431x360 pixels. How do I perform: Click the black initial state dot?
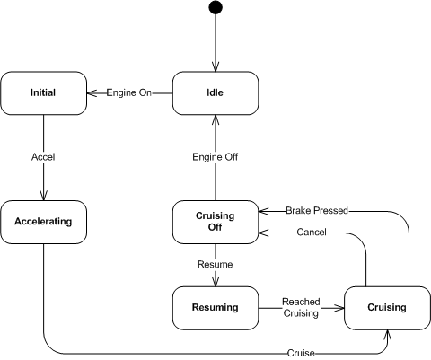(215, 7)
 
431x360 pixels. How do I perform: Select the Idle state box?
(215, 93)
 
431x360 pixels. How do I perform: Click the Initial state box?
(44, 93)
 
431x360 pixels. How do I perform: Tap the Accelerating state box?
(44, 222)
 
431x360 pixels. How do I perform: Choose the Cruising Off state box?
(215, 222)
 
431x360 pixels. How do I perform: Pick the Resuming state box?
(215, 308)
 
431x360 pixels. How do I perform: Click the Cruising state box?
(387, 308)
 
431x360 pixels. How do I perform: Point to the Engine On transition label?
(129, 92)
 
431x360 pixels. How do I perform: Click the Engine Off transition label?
(215, 157)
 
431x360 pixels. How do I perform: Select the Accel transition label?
(43, 157)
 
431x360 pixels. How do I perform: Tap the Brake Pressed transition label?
(317, 211)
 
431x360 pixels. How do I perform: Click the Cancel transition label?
(312, 233)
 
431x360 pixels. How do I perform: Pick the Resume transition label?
(215, 265)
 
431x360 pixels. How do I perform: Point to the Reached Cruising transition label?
(301, 308)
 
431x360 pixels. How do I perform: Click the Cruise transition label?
(301, 354)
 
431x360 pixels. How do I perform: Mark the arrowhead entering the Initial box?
(92, 93)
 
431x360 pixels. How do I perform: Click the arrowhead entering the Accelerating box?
(44, 196)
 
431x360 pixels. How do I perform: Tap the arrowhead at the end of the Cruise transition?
(387, 335)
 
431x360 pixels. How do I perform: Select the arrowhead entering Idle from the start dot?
(215, 66)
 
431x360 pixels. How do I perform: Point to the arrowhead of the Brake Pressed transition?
(264, 211)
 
